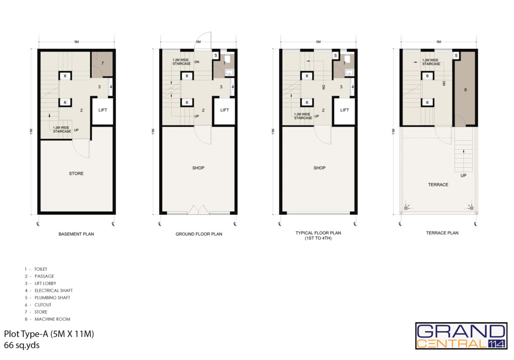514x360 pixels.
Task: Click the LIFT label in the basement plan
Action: pyautogui.click(x=102, y=110)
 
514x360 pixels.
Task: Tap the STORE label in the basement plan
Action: pyautogui.click(x=76, y=173)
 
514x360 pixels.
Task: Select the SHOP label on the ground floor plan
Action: pyautogui.click(x=198, y=168)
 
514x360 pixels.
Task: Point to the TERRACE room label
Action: pyautogui.click(x=438, y=185)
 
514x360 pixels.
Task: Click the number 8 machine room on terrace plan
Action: pyautogui.click(x=465, y=89)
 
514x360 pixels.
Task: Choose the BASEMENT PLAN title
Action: pyautogui.click(x=76, y=234)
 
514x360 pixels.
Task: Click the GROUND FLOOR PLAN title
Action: pyautogui.click(x=199, y=234)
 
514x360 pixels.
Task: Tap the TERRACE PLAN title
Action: pyautogui.click(x=442, y=233)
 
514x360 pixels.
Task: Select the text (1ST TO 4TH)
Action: pyautogui.click(x=318, y=238)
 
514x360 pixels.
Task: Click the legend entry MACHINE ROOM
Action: pyautogui.click(x=52, y=319)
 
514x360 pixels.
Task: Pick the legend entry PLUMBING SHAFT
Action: pyautogui.click(x=52, y=298)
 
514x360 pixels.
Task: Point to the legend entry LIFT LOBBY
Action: pyautogui.click(x=45, y=283)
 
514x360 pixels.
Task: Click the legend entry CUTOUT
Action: pyautogui.click(x=43, y=305)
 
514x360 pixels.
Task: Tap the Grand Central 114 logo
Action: pyautogui.click(x=461, y=336)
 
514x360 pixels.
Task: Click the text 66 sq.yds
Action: pyautogui.click(x=22, y=345)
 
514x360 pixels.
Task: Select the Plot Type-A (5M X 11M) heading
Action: pyautogui.click(x=49, y=334)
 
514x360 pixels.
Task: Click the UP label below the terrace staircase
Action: pyautogui.click(x=463, y=175)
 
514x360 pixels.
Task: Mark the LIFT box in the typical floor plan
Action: pyautogui.click(x=344, y=110)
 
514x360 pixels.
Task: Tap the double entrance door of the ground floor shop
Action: pyautogui.click(x=198, y=210)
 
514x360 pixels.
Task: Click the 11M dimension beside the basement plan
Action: pyautogui.click(x=31, y=132)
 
